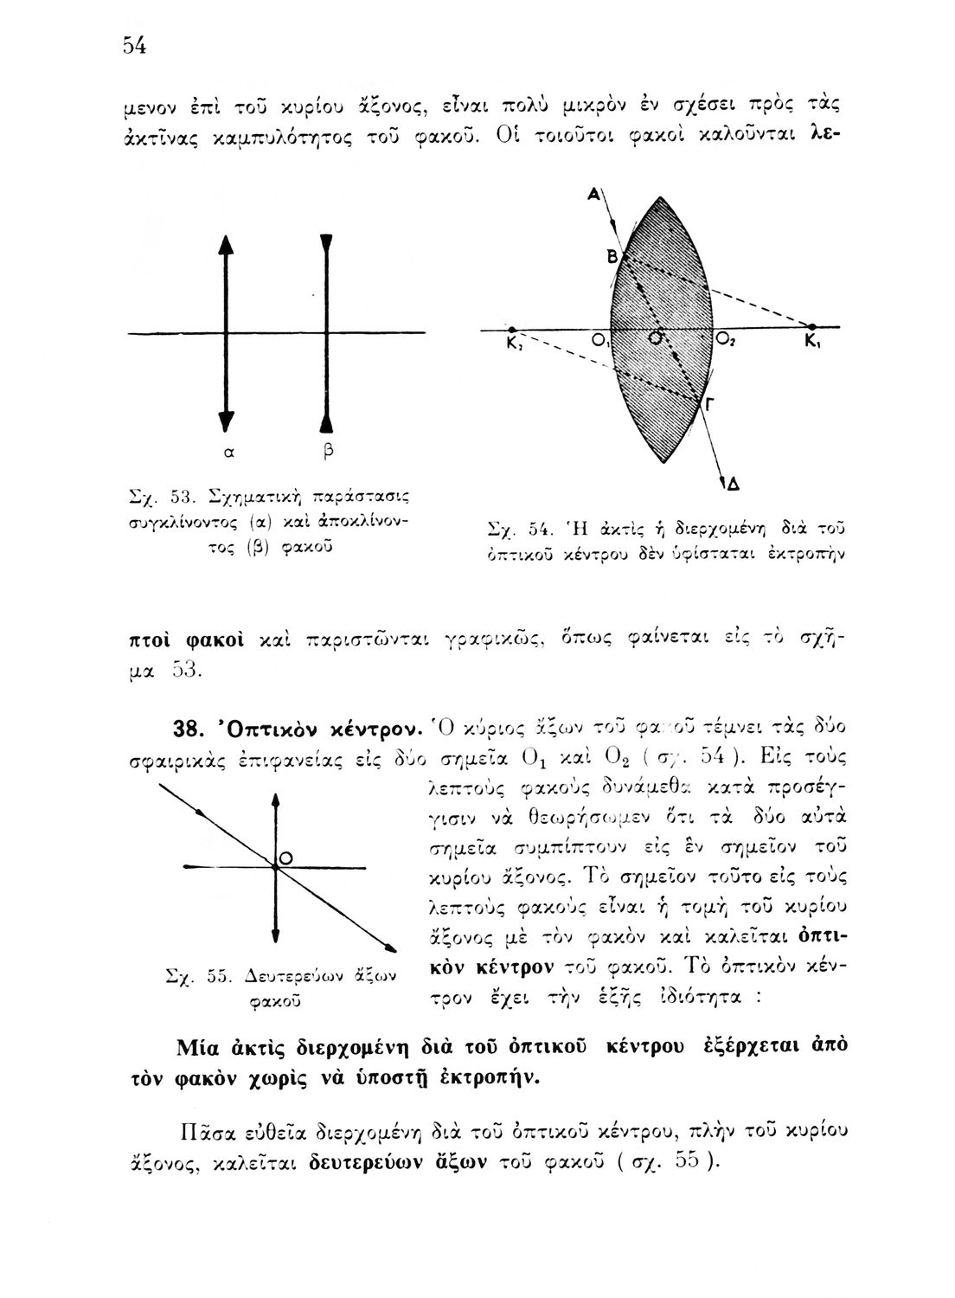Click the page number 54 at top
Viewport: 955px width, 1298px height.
click(x=132, y=47)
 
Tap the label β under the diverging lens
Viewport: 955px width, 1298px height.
click(x=328, y=451)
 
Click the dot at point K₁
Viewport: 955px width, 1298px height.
click(x=811, y=327)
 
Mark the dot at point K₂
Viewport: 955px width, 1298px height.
click(x=512, y=330)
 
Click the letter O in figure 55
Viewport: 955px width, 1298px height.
click(x=286, y=856)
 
